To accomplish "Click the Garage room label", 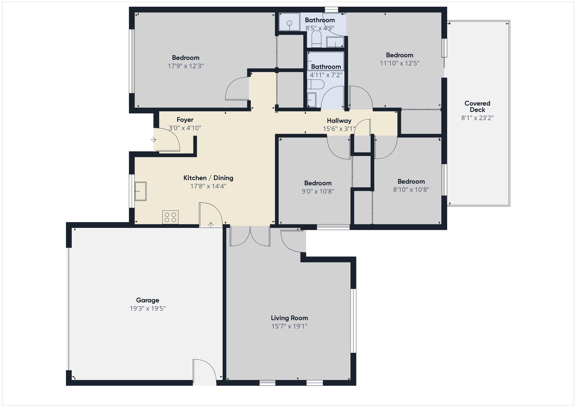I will pyautogui.click(x=147, y=300).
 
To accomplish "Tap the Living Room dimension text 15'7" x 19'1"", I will pyautogui.click(x=289, y=326).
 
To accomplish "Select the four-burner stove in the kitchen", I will pyautogui.click(x=170, y=217).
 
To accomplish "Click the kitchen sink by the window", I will pyautogui.click(x=141, y=191).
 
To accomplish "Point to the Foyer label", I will pyautogui.click(x=185, y=120).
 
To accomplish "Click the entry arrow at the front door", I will pyautogui.click(x=153, y=140).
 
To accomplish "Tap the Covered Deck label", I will pyautogui.click(x=477, y=106).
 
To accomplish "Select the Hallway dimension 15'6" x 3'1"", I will pyautogui.click(x=339, y=129).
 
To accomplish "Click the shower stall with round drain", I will pyautogui.click(x=289, y=23).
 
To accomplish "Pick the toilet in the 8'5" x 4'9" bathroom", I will pyautogui.click(x=316, y=39).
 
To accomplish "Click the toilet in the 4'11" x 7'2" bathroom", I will pyautogui.click(x=316, y=84).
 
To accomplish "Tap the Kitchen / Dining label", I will pyautogui.click(x=208, y=178).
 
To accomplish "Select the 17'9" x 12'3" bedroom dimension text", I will pyautogui.click(x=185, y=66).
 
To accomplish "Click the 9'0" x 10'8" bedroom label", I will pyautogui.click(x=318, y=183).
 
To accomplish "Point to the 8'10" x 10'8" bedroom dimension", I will pyautogui.click(x=411, y=190).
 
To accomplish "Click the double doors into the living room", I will pyautogui.click(x=250, y=236).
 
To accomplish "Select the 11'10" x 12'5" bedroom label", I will pyautogui.click(x=399, y=55).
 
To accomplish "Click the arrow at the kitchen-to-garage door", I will pyautogui.click(x=211, y=225).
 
